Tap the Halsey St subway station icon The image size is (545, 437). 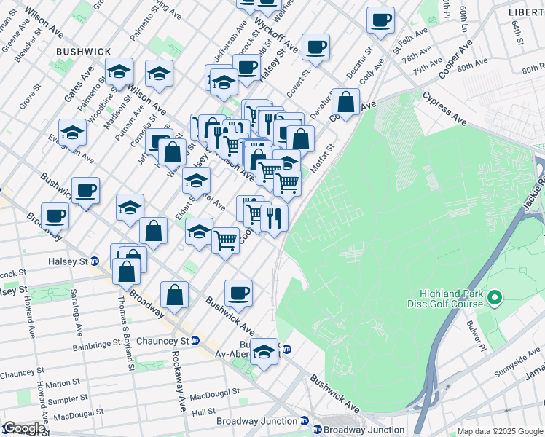[x=95, y=261]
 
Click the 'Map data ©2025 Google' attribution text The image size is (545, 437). [x=500, y=431]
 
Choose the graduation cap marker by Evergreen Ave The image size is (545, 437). [x=72, y=133]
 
